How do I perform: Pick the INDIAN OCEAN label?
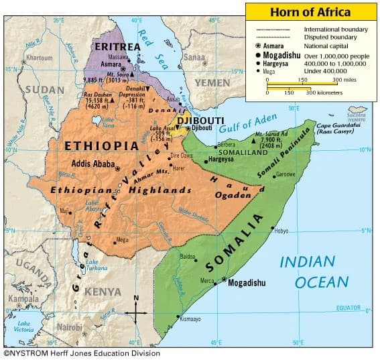[314, 272]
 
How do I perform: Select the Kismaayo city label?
[190, 320]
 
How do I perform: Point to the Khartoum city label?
[38, 58]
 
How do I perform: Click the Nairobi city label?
[68, 326]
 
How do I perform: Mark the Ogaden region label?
[233, 195]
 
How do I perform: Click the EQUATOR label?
[348, 308]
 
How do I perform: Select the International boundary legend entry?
[335, 29]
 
